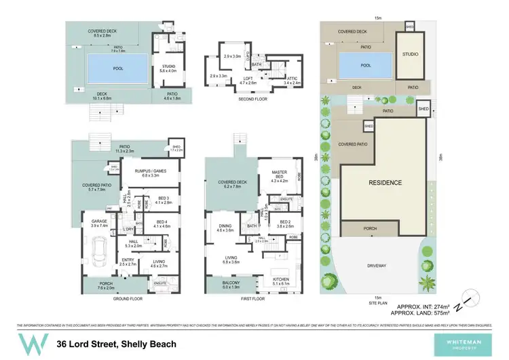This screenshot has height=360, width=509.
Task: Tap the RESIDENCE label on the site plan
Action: [x=385, y=183]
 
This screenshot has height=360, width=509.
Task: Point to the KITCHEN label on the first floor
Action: [x=282, y=279]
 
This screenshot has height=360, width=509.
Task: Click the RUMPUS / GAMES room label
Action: [x=150, y=172]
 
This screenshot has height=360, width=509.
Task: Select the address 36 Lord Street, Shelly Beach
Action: [x=117, y=344]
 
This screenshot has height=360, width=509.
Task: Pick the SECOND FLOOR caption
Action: [x=252, y=99]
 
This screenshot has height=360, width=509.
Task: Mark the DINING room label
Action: [x=225, y=228]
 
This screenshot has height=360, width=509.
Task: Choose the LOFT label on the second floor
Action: [x=248, y=79]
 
